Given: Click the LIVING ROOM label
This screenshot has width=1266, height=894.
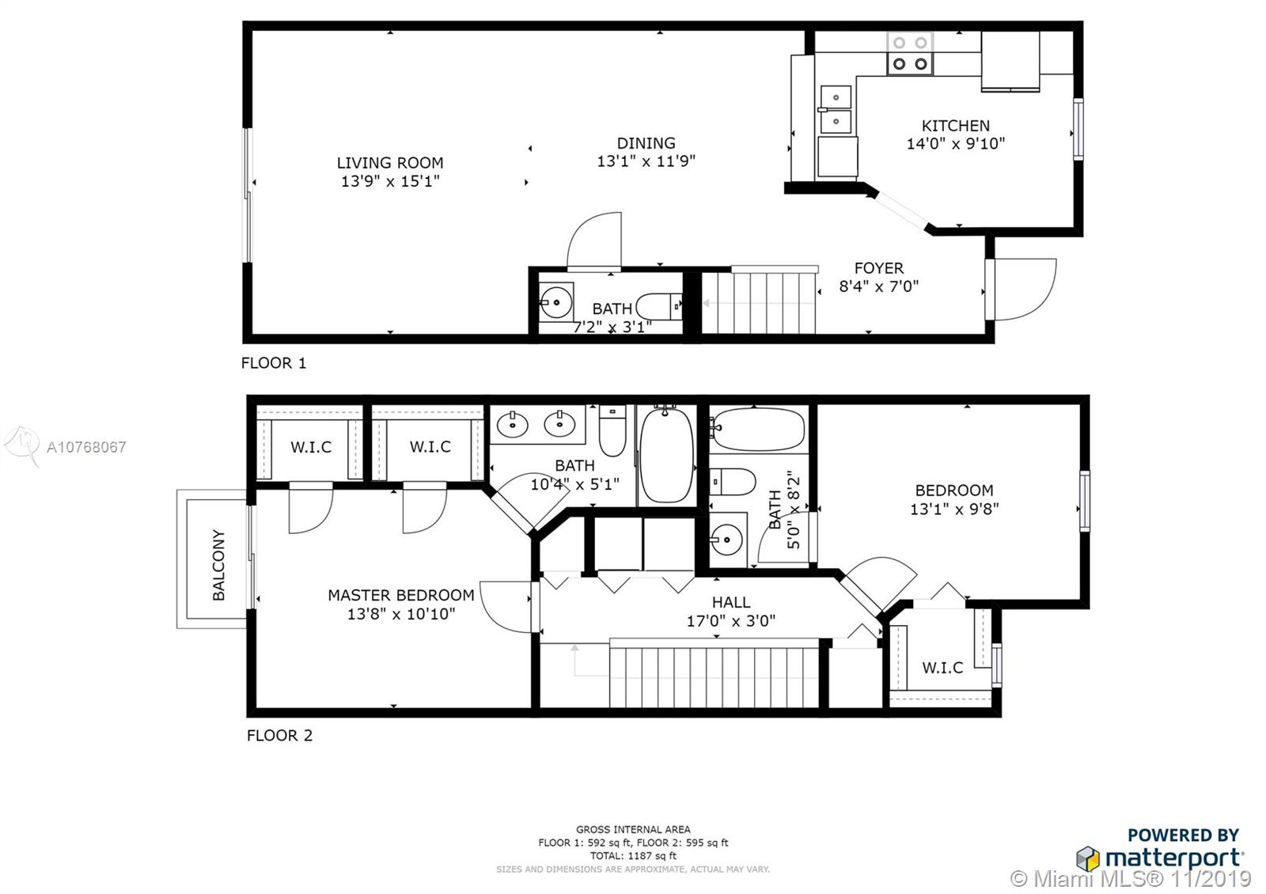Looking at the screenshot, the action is [x=390, y=163].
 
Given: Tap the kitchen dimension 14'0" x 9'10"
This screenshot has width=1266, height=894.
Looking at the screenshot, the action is [x=956, y=143].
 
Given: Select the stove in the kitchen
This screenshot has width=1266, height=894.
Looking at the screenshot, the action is [x=910, y=54].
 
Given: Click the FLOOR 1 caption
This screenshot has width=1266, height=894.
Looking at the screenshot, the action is [x=274, y=363].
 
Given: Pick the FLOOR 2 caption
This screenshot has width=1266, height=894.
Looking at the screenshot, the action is [x=279, y=735].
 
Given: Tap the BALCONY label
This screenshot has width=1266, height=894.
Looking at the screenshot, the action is [x=218, y=565].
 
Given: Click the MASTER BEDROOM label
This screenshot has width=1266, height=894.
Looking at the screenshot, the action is [x=401, y=595].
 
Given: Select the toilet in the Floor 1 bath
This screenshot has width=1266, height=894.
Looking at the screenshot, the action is [x=659, y=306].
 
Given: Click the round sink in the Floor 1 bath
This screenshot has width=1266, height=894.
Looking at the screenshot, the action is [x=556, y=303].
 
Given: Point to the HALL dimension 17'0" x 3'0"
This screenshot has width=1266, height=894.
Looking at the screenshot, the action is [x=731, y=621].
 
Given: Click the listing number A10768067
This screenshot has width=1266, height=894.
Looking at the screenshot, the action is [x=86, y=447].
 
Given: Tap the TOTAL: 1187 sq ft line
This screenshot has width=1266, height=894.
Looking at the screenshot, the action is [x=633, y=855].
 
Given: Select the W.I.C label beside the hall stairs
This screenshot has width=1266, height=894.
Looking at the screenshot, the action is [x=942, y=668].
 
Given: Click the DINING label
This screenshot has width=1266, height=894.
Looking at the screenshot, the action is [x=646, y=143].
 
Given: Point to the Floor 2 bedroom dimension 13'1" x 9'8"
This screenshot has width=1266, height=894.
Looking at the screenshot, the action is [x=954, y=509].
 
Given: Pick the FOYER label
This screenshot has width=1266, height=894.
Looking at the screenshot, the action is [x=879, y=268].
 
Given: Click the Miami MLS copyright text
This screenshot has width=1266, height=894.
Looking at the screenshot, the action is [x=1131, y=879].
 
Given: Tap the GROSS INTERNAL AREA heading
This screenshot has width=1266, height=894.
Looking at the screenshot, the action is [x=633, y=830].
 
